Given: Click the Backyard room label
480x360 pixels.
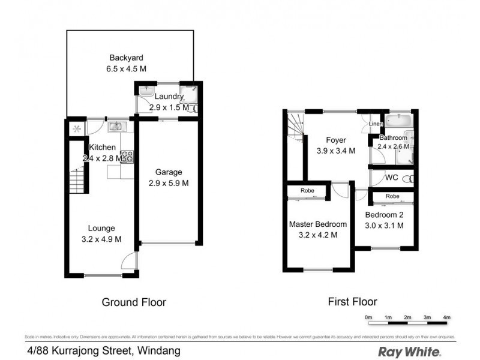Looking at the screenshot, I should pos(126,58).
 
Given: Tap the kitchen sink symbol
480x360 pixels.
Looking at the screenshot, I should pos(115,127).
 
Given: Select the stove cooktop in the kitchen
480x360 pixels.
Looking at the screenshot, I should pos(127,157).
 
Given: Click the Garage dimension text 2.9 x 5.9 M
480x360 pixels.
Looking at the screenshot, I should pos(169,183).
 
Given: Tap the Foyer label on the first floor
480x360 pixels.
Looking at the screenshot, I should pos(336,140).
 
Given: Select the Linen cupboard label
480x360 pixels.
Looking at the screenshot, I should pos(376,124).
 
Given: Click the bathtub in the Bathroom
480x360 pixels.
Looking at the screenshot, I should pos(398,121).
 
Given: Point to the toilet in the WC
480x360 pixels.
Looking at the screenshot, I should pos(407,178).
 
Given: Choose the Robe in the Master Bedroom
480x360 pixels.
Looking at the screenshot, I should pos(307,192).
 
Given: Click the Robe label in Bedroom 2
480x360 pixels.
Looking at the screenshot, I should pos(392,196).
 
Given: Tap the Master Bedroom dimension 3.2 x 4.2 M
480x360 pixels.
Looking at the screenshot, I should pos(317,235).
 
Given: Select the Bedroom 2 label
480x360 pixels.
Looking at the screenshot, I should pos(384,215).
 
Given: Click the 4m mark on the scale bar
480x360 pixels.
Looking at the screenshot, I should pos(446,316).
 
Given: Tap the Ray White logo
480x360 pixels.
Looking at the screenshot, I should pos(409,351).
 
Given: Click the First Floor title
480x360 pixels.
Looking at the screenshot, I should pos(352,302).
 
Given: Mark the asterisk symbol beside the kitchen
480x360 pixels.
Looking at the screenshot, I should pos(76,128).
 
